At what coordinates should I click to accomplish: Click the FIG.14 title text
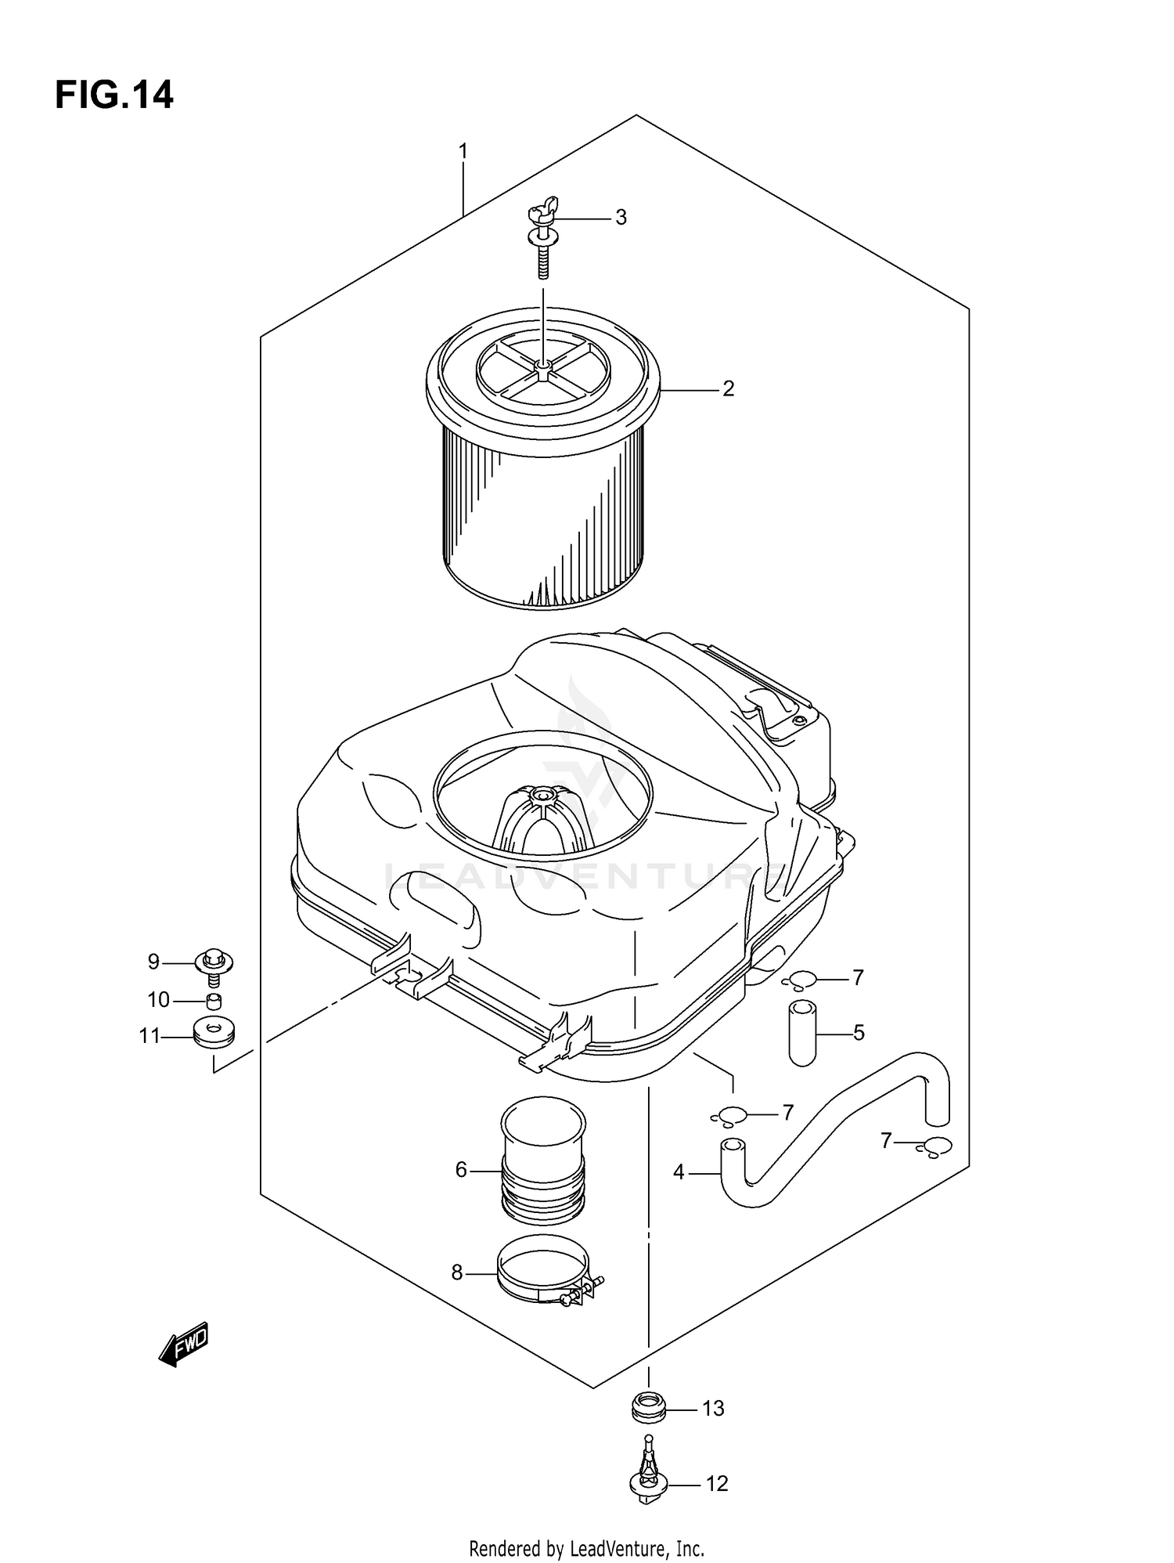coord(114,95)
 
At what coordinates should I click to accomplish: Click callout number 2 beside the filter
coord(728,388)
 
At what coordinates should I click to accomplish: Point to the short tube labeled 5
coord(802,1033)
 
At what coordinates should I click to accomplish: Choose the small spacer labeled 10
coord(214,1001)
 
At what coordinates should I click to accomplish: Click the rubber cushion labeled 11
coord(213,1034)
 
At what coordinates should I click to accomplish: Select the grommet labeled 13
coord(648,1409)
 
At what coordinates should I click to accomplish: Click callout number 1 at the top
coord(463,150)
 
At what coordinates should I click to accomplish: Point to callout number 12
coord(717,1484)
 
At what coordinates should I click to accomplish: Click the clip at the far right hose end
coord(935,1146)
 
